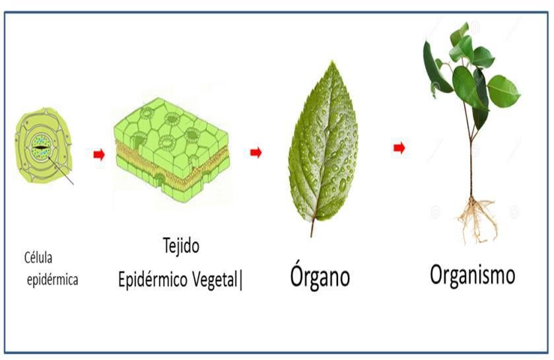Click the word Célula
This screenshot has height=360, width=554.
[x=40, y=257]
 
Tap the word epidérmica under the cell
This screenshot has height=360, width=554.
[x=53, y=279]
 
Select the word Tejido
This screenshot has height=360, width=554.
[x=181, y=246]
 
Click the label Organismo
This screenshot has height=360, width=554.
[x=472, y=275]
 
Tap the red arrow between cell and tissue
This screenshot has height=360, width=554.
[x=99, y=154]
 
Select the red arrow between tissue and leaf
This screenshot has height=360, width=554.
[x=256, y=153]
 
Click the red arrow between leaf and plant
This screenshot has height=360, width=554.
[x=399, y=148]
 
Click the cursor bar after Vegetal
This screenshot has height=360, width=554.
[x=242, y=280]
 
